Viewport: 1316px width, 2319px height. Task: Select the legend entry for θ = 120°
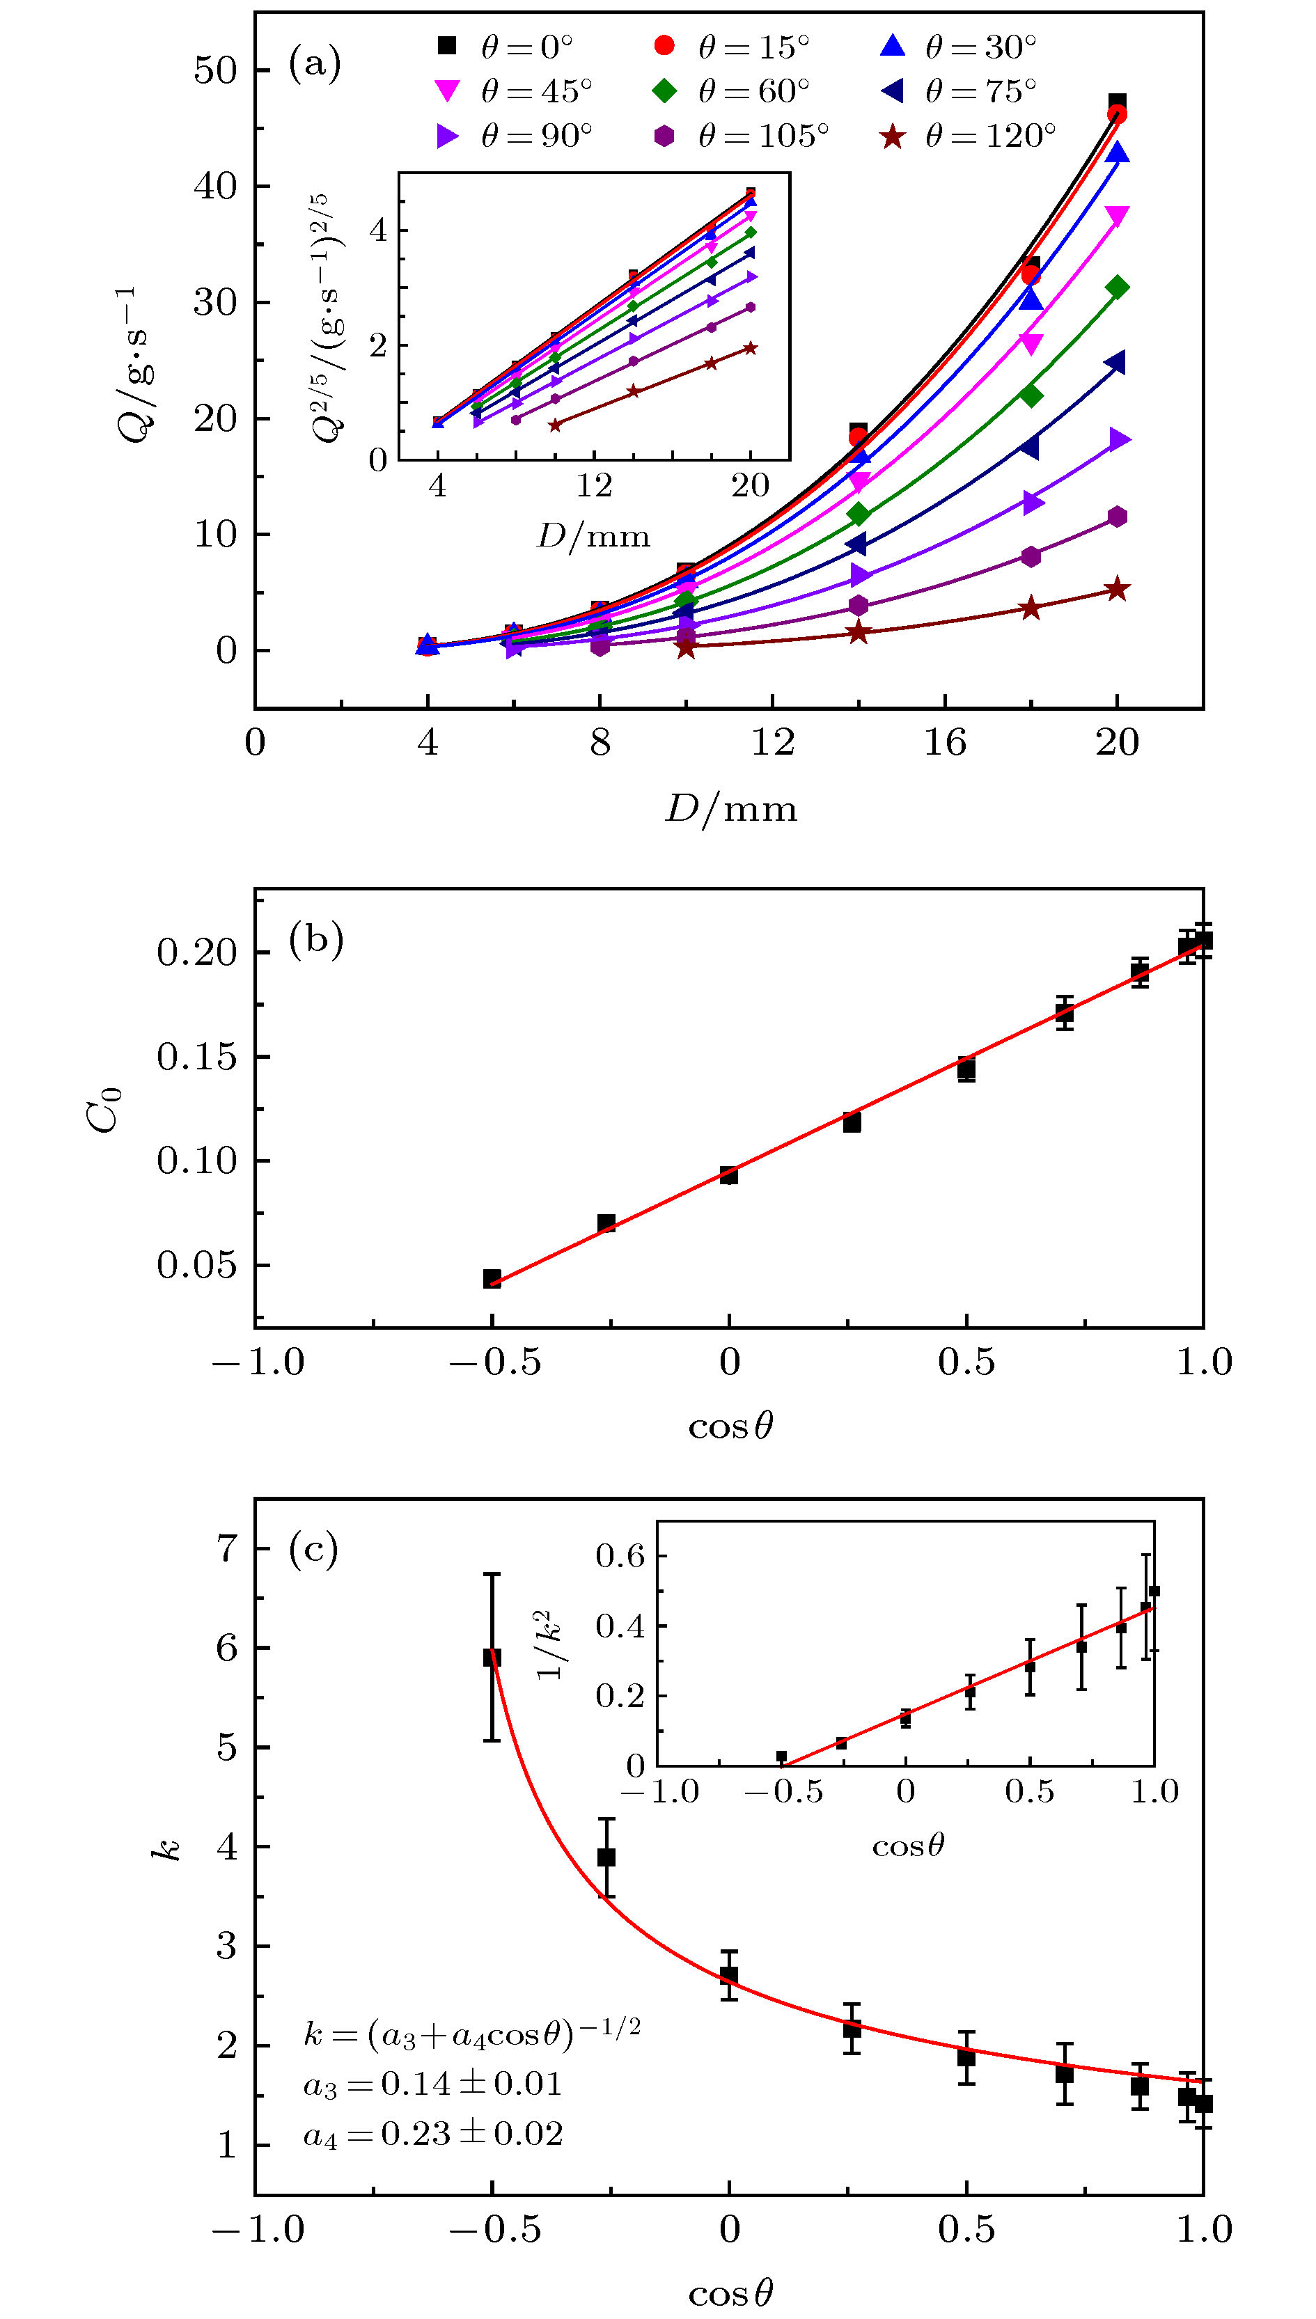(x=967, y=136)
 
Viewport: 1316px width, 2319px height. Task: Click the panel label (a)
(x=315, y=63)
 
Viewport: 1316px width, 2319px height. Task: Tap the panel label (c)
(x=313, y=1549)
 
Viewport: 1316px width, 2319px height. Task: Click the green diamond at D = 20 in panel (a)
(x=1117, y=288)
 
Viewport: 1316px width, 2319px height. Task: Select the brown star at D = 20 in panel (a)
(x=1117, y=589)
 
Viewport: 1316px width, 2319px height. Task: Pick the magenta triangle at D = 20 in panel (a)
(x=1117, y=217)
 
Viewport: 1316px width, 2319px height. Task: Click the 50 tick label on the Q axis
(x=214, y=70)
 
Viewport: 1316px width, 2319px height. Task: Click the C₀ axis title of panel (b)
(x=103, y=1110)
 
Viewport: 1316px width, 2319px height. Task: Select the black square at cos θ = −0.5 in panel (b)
(x=492, y=1278)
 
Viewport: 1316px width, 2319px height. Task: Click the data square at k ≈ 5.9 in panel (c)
(x=492, y=1656)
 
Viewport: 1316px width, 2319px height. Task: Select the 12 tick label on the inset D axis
(x=593, y=486)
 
